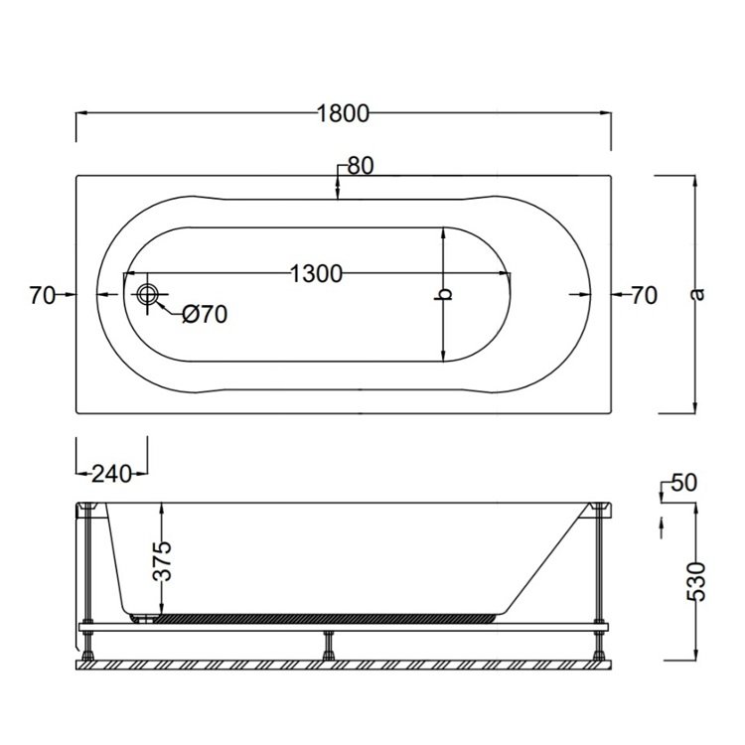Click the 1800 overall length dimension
[x=343, y=113]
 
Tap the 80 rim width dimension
[x=360, y=167]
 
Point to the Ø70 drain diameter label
[x=206, y=315]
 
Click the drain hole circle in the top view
[x=149, y=295]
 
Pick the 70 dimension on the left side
[x=41, y=295]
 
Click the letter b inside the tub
[x=446, y=294]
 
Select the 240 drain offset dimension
[x=111, y=474]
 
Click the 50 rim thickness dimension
[x=684, y=484]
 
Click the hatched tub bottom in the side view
[x=328, y=616]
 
